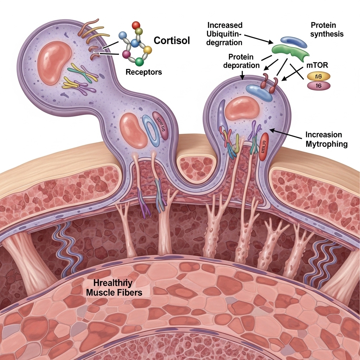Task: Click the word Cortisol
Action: pyautogui.click(x=172, y=40)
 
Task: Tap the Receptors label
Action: pyautogui.click(x=143, y=72)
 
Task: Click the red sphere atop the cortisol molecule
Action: pyautogui.click(x=136, y=25)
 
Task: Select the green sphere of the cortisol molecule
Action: pyautogui.click(x=140, y=62)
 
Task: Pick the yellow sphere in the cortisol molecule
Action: pyautogui.click(x=148, y=50)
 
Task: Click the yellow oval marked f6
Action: pyautogui.click(x=319, y=76)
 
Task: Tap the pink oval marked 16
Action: pyautogui.click(x=319, y=85)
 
